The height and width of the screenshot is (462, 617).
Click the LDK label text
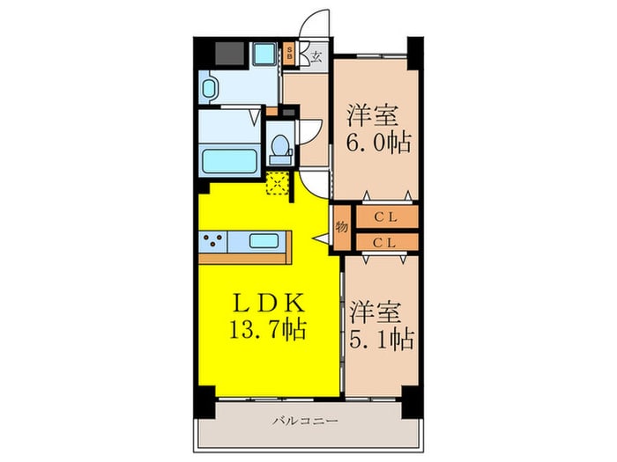click(270, 303)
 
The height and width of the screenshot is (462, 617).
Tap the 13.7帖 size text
click(270, 331)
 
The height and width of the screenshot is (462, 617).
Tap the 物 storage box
click(342, 227)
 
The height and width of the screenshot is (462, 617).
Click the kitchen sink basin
click(266, 240)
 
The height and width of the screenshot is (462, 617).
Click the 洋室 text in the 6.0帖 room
click(371, 114)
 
